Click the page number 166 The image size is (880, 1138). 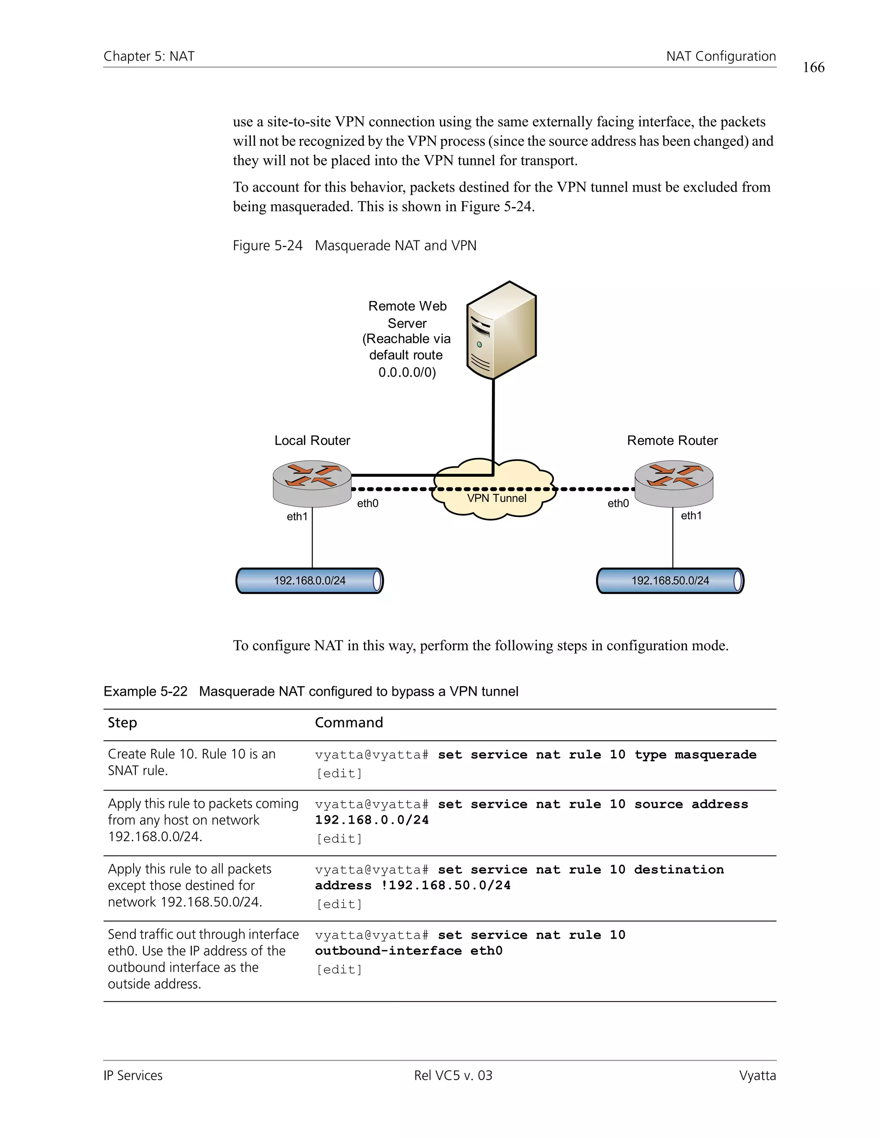[x=813, y=67]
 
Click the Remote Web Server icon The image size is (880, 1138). [x=501, y=330]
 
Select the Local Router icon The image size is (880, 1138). [x=312, y=483]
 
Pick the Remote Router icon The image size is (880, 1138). [x=674, y=483]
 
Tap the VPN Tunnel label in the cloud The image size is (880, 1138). [x=496, y=498]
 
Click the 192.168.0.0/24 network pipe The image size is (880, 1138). [x=310, y=581]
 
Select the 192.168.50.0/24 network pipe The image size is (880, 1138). [x=670, y=581]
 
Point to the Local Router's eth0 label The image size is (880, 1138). [x=367, y=503]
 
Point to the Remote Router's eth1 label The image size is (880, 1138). [x=691, y=515]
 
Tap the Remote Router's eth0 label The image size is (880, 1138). [x=618, y=503]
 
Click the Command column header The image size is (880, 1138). [x=349, y=722]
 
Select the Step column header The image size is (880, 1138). [x=122, y=722]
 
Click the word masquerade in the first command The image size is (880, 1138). [x=715, y=755]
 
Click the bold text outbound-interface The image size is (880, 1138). [x=388, y=950]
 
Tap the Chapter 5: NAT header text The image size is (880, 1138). [x=149, y=56]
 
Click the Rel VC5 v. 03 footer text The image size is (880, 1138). [x=453, y=1075]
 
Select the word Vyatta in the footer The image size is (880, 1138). [x=757, y=1075]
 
